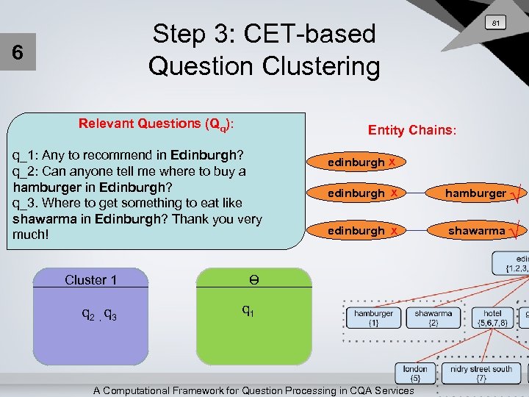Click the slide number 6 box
tap(17, 54)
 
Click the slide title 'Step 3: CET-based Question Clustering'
tap(264, 50)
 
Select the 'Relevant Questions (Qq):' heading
tap(156, 124)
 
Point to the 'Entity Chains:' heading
tap(412, 130)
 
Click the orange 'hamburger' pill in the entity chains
tap(476, 193)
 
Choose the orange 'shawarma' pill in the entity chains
tap(476, 231)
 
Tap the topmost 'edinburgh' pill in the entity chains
tap(357, 162)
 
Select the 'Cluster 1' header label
tap(91, 279)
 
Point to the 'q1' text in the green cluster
tap(248, 311)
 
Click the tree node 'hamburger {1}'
tap(374, 318)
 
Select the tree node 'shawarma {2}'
tap(433, 318)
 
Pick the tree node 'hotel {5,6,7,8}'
tap(492, 318)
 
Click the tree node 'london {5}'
tap(415, 373)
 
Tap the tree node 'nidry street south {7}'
tap(481, 373)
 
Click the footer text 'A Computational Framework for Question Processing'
tap(253, 390)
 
